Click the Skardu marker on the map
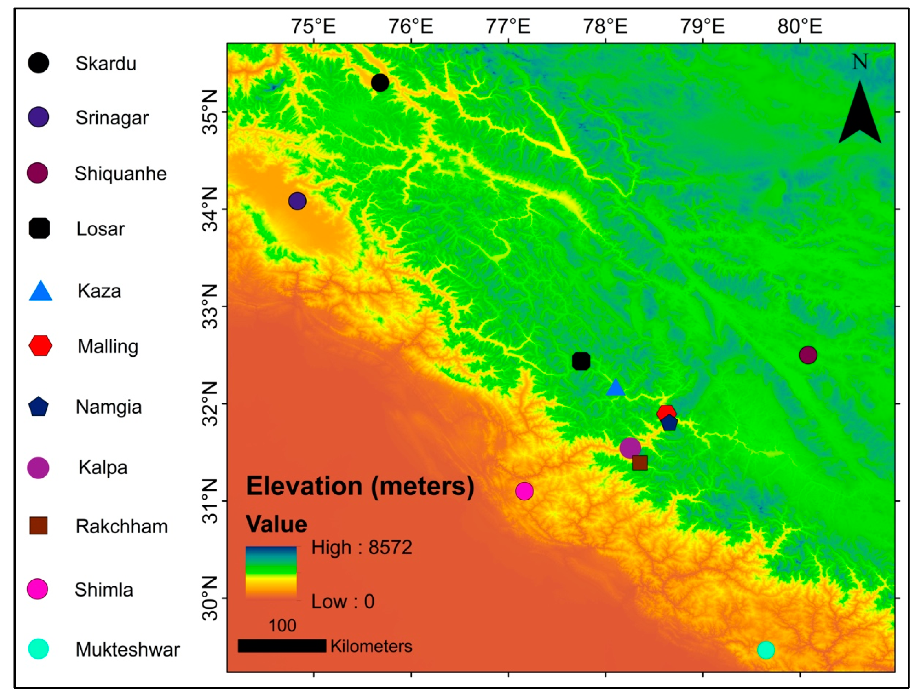click(380, 83)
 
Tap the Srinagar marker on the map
click(297, 201)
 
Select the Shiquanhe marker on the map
click(808, 355)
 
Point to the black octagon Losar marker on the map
click(581, 361)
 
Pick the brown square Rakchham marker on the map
click(640, 462)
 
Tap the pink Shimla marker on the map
click(524, 491)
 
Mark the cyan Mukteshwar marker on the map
click(766, 650)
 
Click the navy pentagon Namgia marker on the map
click(669, 423)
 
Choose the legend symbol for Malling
click(40, 346)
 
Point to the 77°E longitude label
click(508, 26)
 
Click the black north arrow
click(859, 112)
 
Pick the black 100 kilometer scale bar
click(282, 646)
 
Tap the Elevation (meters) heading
click(360, 486)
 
